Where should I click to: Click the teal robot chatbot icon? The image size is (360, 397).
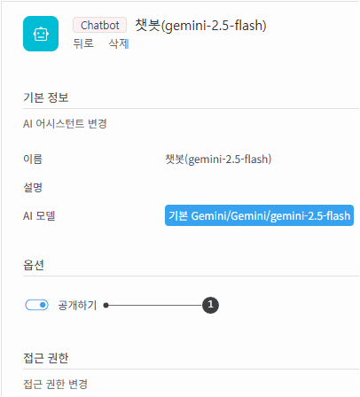pos(41,34)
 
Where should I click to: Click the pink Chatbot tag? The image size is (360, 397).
pos(100,25)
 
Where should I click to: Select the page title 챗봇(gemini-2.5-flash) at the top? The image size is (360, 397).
pos(200,26)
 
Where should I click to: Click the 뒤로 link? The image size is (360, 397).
pos(83,43)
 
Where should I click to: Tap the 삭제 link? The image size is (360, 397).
pos(119,43)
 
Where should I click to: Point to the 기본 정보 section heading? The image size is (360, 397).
pos(46,97)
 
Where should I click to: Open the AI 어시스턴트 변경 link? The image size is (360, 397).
pos(65,123)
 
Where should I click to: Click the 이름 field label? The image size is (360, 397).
pos(33,159)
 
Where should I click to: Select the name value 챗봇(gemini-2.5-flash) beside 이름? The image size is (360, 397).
pos(218,160)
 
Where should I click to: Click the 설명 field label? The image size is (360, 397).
pos(33,187)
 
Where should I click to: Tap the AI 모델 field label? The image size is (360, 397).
pos(39,215)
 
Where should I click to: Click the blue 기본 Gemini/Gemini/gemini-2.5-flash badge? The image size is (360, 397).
pos(259,215)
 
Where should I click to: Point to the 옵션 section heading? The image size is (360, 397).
pos(34,265)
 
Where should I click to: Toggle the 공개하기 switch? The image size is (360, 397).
pos(37,305)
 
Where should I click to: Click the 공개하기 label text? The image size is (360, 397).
pos(77,305)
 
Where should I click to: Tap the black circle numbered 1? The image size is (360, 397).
pos(210,305)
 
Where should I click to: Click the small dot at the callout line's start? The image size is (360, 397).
pos(106,305)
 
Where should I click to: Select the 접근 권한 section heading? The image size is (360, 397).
pos(46,358)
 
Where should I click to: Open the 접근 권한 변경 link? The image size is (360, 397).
pos(55,384)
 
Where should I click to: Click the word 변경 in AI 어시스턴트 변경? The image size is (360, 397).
pos(98,123)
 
